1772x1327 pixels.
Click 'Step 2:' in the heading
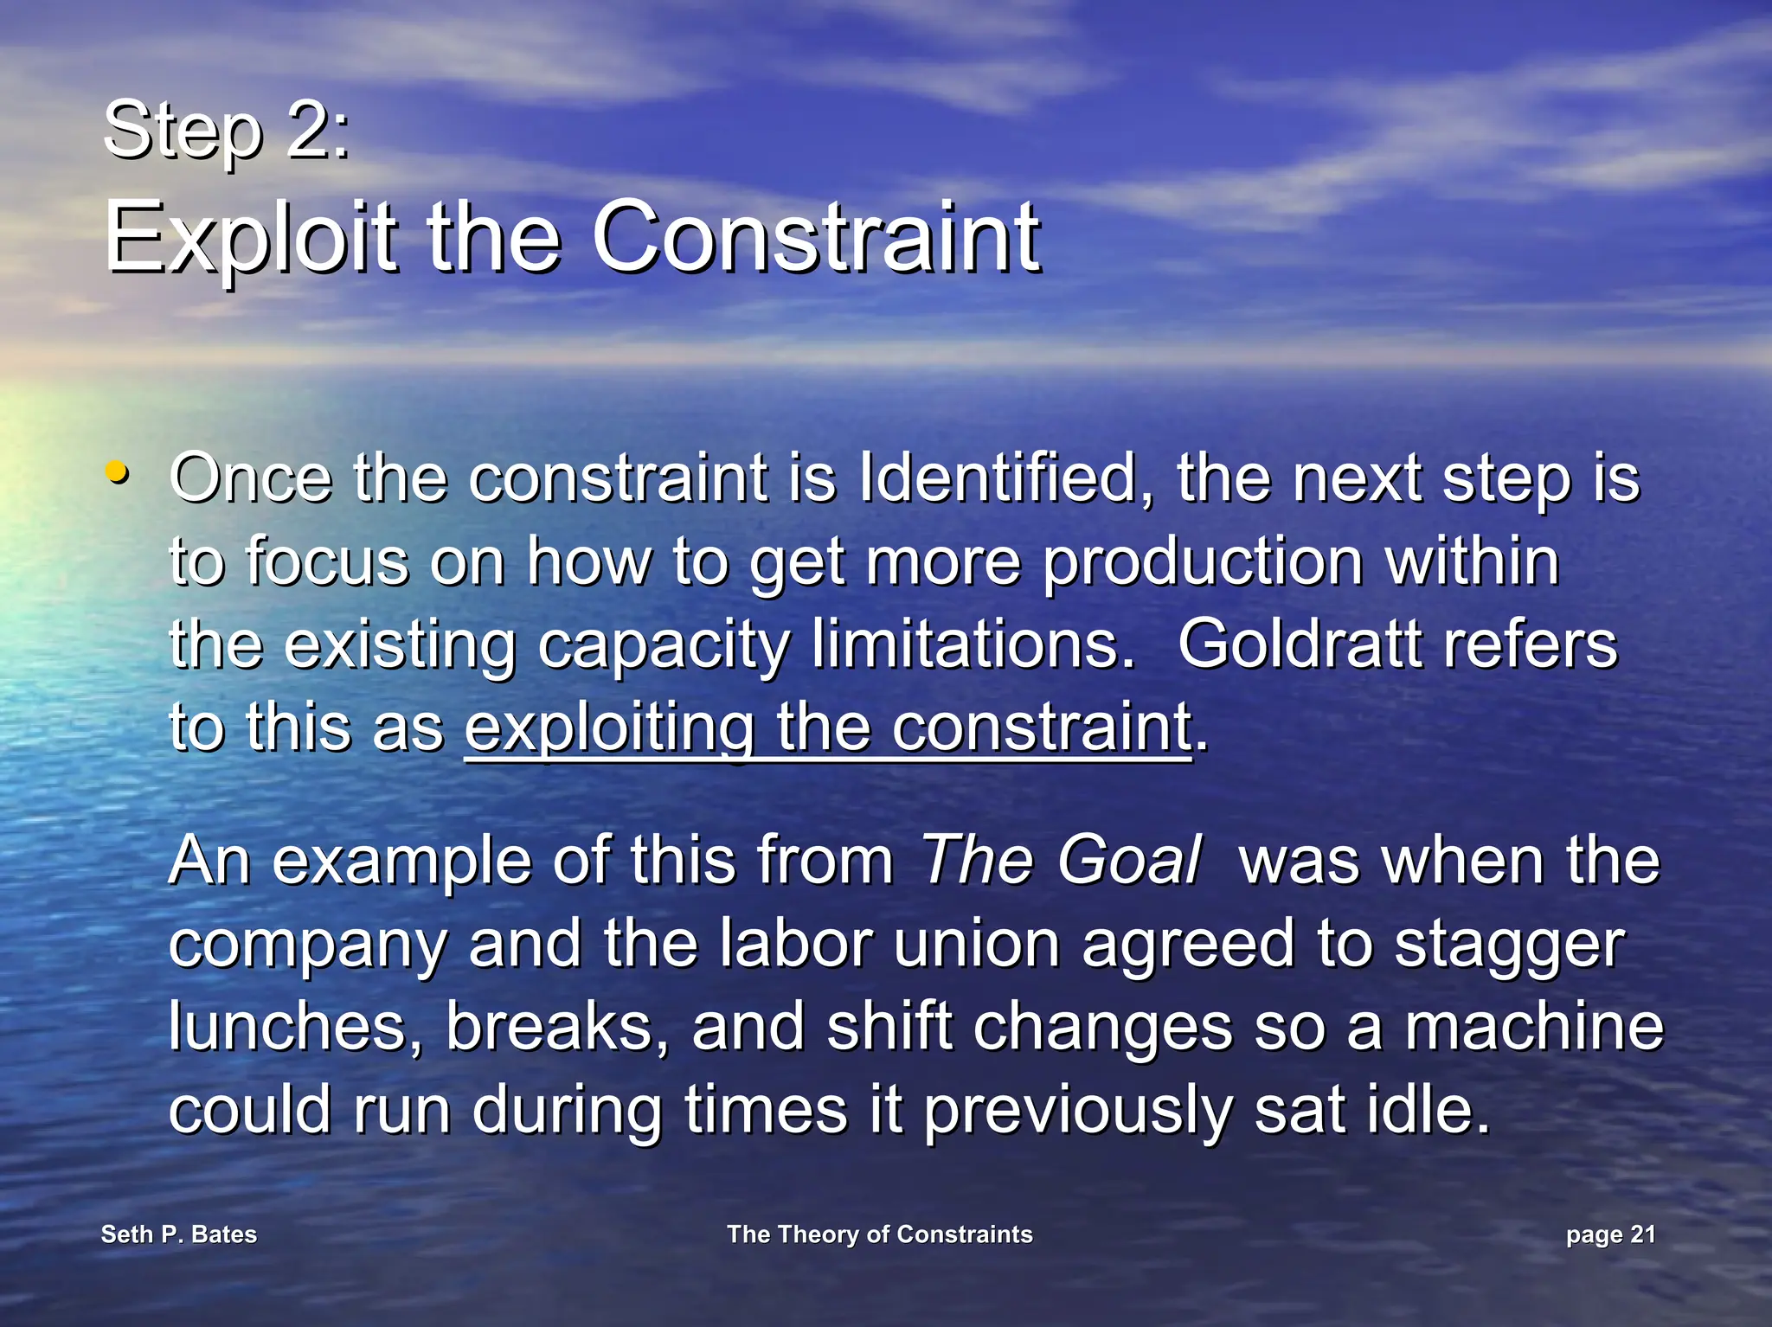click(x=227, y=130)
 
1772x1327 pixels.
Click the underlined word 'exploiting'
click(x=610, y=728)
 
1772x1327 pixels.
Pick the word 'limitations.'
click(x=973, y=644)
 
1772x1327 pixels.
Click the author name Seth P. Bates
click(x=179, y=1234)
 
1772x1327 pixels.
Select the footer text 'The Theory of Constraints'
click(x=879, y=1234)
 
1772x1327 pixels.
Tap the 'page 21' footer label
click(x=1610, y=1235)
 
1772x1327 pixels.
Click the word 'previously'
click(x=1077, y=1111)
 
